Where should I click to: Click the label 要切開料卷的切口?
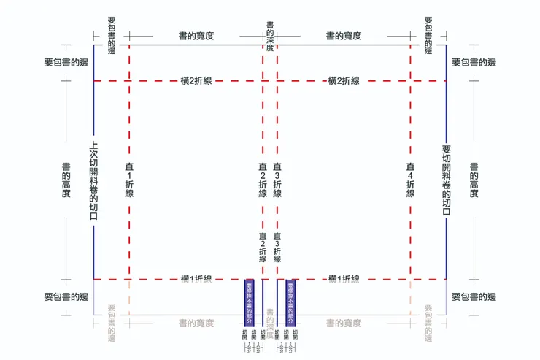point(447,180)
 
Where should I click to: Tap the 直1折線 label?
point(129,180)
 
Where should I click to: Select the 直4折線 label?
point(410,180)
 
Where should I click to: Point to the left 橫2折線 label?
point(196,81)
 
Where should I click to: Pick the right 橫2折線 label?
point(344,81)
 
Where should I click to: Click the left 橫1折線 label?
point(196,279)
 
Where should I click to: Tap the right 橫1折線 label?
point(344,279)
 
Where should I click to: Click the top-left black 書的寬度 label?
point(196,35)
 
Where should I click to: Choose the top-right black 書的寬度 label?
point(344,35)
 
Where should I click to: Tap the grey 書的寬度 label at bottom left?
point(196,323)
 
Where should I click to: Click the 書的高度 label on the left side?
point(66,180)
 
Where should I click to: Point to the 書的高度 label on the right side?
point(474,180)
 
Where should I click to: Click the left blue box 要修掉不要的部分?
point(248,301)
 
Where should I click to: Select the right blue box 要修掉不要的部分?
point(290,301)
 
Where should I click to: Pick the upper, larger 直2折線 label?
point(263,180)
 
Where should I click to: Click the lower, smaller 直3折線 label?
point(277,248)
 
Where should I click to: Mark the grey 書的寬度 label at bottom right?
point(344,323)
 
